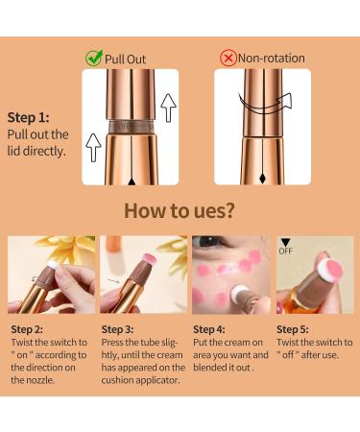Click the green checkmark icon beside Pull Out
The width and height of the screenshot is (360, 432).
pyautogui.click(x=94, y=58)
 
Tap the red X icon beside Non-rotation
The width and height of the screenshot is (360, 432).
pyautogui.click(x=228, y=58)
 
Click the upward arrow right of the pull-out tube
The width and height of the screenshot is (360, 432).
pyautogui.click(x=169, y=107)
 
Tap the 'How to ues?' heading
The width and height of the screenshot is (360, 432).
pyautogui.click(x=180, y=210)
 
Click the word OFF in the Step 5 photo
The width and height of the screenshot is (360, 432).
pyautogui.click(x=285, y=252)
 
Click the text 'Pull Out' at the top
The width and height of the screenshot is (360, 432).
pyautogui.click(x=127, y=59)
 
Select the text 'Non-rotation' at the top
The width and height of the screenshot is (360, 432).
pyautogui.click(x=272, y=59)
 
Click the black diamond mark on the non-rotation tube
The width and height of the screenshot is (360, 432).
pyautogui.click(x=263, y=178)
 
